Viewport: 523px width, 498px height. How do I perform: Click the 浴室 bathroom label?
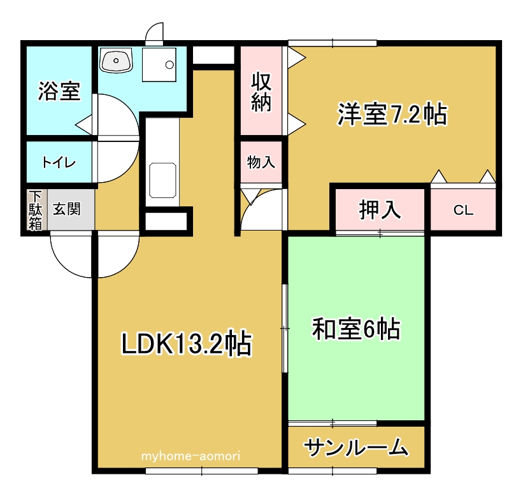point(59,92)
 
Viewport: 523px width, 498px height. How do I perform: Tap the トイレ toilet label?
point(59,162)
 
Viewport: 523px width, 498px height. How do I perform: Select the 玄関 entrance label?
point(66,209)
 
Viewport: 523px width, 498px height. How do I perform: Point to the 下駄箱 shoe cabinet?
point(35,210)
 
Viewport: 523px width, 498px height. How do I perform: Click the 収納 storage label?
point(261,92)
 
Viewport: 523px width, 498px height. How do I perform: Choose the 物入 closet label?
point(261,162)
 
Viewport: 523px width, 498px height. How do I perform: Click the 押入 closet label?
point(380,210)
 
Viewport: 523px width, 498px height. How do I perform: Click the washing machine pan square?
point(159,64)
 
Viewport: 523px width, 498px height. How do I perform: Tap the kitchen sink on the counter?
point(162,180)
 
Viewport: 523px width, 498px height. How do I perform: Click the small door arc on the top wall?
point(155,32)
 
